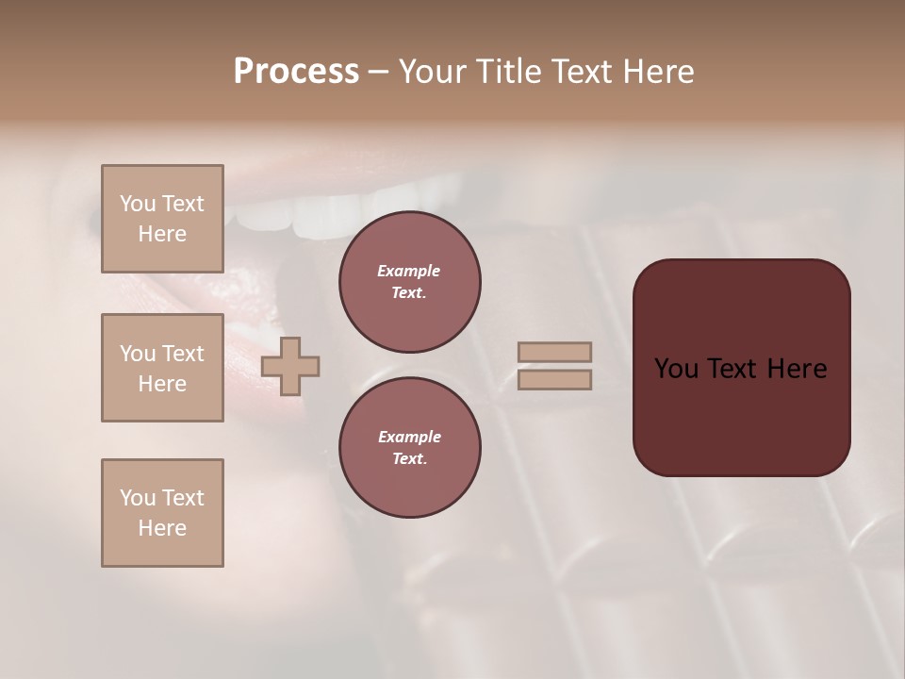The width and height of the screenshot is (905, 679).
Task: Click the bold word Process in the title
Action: [296, 72]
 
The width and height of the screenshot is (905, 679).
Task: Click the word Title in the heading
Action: [510, 72]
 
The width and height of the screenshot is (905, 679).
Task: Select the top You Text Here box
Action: [162, 219]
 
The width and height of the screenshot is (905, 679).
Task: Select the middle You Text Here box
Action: [162, 368]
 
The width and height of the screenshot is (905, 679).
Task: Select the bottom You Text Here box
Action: [162, 513]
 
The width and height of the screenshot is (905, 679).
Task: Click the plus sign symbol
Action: [290, 366]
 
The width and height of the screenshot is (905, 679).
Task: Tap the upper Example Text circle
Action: [410, 282]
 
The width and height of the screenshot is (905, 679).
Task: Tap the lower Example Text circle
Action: [410, 448]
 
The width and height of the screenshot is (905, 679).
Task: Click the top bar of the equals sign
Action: [554, 352]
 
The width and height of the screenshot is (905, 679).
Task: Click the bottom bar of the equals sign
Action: [554, 380]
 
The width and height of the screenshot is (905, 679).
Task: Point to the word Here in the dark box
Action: [797, 369]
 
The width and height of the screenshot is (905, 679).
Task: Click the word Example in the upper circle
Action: [409, 271]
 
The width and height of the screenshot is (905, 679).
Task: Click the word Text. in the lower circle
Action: [409, 459]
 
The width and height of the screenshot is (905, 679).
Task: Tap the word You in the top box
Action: [138, 204]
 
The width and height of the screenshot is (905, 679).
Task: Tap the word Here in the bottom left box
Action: [162, 528]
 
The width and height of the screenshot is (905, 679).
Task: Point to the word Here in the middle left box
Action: [162, 384]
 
